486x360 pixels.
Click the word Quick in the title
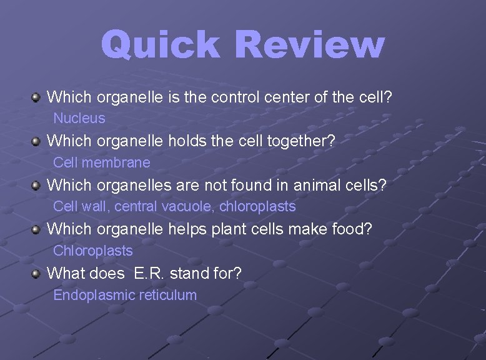click(160, 46)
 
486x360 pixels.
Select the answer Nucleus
click(79, 117)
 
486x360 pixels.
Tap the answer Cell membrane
click(102, 162)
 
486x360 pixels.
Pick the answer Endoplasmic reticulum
click(125, 295)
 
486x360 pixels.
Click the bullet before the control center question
click(37, 97)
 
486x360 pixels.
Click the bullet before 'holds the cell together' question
click(37, 142)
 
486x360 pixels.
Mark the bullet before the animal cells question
click(37, 186)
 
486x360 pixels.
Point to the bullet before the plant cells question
click(37, 230)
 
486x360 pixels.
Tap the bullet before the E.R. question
click(37, 274)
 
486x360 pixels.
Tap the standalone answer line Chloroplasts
click(93, 251)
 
